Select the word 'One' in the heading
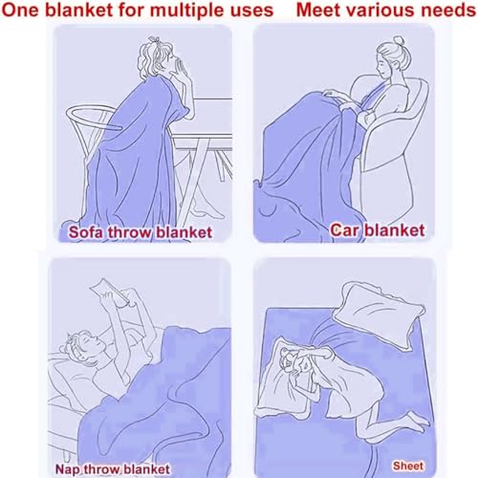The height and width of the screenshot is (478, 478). tap(21, 10)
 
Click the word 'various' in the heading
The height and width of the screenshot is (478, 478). tap(381, 10)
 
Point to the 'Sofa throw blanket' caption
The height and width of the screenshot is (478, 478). tap(141, 232)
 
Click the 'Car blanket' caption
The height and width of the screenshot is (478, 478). tap(378, 230)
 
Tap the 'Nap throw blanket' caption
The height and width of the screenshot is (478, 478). tap(112, 469)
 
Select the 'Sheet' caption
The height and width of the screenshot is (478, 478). tap(408, 466)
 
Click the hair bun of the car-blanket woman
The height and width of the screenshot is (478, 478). tap(399, 41)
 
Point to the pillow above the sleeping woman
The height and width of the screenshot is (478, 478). tap(380, 315)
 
